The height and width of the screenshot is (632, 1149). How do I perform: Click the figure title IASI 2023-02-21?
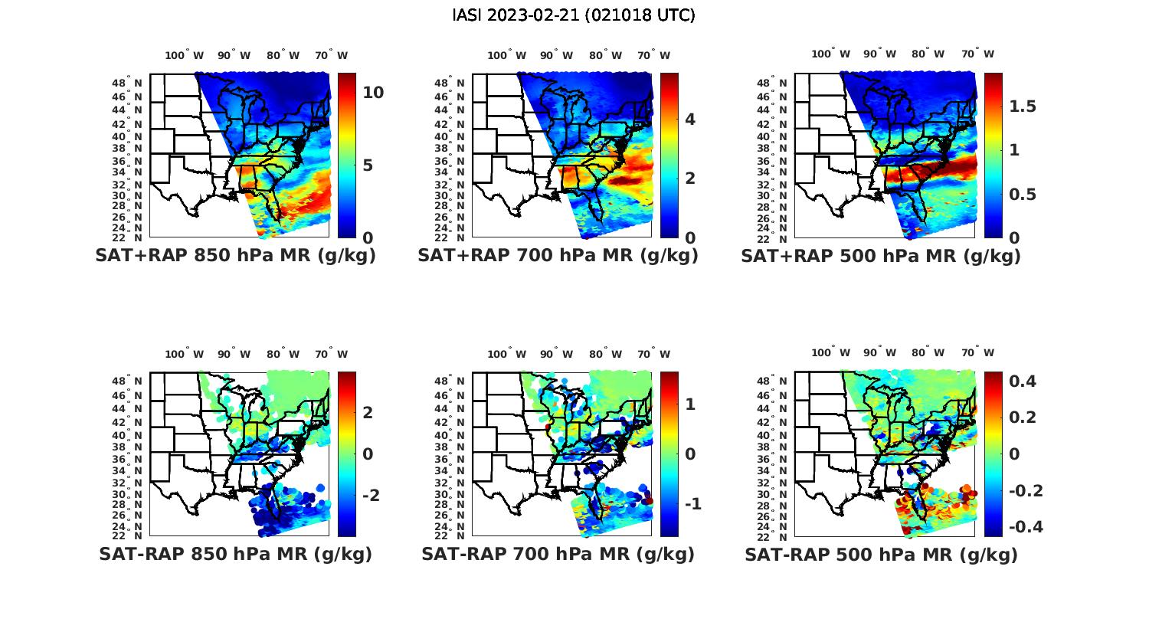tap(574, 15)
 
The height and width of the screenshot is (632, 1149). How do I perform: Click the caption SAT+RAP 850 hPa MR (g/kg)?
tap(235, 256)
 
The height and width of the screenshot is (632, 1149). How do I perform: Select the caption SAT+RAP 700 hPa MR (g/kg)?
tap(558, 256)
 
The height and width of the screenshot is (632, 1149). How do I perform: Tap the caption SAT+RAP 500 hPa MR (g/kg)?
tap(881, 256)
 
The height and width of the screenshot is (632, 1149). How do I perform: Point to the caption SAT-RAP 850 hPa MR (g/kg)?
tap(235, 554)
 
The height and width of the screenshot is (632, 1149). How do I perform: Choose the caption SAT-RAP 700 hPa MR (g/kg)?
tap(558, 554)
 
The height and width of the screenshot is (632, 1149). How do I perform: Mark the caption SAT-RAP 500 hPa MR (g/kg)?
tap(881, 554)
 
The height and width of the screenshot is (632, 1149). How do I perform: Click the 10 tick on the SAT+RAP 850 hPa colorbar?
tap(373, 93)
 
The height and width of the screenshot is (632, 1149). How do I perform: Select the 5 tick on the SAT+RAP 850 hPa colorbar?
tap(368, 165)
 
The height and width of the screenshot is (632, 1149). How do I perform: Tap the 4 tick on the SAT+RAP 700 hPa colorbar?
tap(690, 119)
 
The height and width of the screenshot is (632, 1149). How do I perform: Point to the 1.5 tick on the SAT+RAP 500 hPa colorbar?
tap(1022, 106)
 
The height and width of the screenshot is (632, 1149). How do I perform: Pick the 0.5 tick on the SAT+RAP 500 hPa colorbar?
tap(1022, 193)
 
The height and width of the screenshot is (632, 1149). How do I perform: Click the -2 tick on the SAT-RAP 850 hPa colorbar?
tap(370, 495)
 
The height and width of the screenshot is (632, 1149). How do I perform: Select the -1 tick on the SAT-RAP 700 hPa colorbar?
tap(692, 503)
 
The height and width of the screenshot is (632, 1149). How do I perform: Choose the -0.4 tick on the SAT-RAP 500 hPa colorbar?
tap(1025, 527)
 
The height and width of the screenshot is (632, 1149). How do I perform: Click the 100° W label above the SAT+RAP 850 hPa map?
tap(184, 55)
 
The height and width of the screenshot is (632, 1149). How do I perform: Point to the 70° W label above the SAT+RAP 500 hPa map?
tap(977, 54)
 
